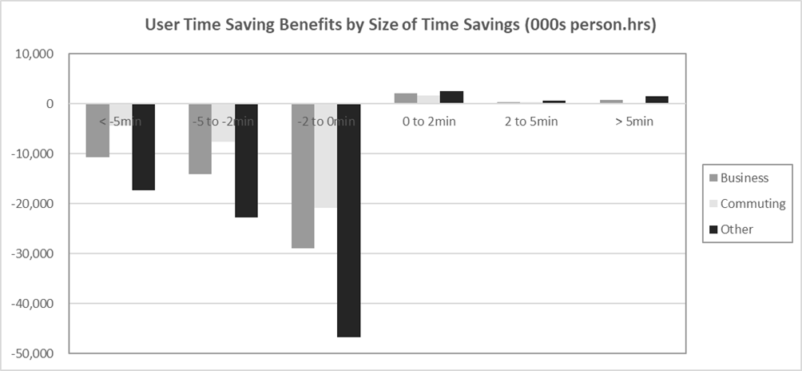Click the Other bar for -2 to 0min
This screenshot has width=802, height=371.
pyautogui.click(x=348, y=220)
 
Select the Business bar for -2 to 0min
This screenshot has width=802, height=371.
pyautogui.click(x=303, y=176)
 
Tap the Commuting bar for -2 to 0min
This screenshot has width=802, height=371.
pyautogui.click(x=325, y=156)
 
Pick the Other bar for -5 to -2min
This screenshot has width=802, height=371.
pyautogui.click(x=246, y=160)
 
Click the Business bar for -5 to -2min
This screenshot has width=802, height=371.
pyautogui.click(x=200, y=138)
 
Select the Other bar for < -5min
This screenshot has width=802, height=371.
pyautogui.click(x=143, y=146)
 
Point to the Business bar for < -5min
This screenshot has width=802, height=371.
pyautogui.click(x=97, y=130)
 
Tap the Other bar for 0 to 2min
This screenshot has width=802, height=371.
pyautogui.click(x=451, y=98)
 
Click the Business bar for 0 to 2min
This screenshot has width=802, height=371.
pyautogui.click(x=406, y=98)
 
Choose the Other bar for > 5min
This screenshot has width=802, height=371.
pyautogui.click(x=657, y=100)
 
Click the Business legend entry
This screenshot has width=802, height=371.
pyautogui.click(x=744, y=178)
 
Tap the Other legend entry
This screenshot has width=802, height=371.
pyautogui.click(x=736, y=229)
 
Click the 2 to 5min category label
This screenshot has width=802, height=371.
pyautogui.click(x=531, y=122)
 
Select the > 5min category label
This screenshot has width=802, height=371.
pyautogui.click(x=633, y=122)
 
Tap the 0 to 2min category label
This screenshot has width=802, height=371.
pyautogui.click(x=428, y=122)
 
